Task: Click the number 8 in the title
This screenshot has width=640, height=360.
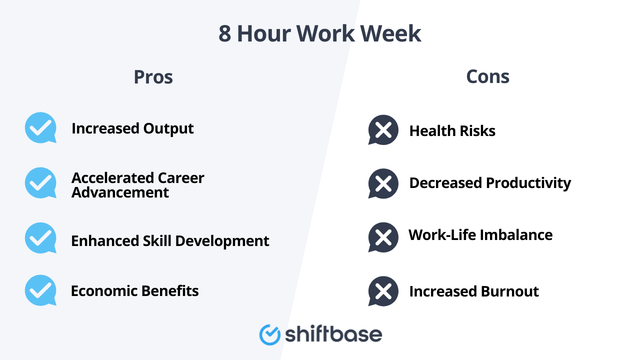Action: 225,34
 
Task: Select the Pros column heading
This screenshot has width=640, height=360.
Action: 153,77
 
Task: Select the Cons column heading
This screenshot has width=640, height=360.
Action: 487,76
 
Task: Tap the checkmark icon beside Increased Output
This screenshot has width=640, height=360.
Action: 40,128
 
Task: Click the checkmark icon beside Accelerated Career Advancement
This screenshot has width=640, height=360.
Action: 40,183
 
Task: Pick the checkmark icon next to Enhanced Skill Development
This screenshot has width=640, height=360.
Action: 40,238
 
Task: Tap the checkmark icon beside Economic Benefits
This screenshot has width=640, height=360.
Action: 40,290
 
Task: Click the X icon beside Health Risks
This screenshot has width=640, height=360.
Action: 383,130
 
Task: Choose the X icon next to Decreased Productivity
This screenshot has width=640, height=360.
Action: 383,183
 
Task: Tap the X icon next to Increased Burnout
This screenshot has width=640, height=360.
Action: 383,291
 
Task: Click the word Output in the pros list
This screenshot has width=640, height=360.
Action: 168,128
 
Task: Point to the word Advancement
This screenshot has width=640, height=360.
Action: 120,192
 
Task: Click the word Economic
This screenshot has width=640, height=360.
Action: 104,291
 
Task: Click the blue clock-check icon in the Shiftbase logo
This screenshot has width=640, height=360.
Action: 270,334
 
